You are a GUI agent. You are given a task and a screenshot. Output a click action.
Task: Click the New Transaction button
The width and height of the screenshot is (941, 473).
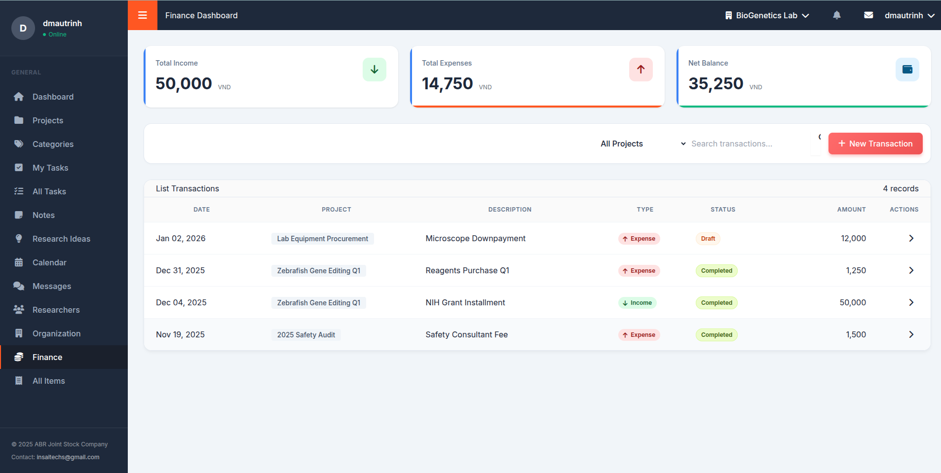(875, 144)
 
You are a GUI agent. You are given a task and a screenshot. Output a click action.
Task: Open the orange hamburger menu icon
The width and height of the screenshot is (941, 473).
(143, 15)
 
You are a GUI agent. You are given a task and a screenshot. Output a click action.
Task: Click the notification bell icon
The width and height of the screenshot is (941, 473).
(836, 15)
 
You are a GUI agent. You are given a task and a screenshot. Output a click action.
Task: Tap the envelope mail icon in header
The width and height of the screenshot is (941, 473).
(868, 15)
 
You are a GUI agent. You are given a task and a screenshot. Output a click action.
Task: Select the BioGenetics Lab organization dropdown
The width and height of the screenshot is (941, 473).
(767, 15)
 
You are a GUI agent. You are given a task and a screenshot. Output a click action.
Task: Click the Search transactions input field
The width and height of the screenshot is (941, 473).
(748, 144)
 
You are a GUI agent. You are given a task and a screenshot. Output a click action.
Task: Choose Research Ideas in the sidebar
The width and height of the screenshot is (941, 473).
(61, 239)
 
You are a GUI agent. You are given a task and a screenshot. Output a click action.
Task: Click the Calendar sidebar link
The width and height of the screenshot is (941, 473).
(49, 262)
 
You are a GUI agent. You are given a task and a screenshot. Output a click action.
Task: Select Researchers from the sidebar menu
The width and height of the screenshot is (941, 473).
(56, 310)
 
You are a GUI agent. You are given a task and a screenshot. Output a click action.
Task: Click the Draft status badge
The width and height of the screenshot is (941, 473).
(708, 239)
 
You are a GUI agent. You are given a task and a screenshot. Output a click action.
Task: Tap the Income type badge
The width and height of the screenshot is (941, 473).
(637, 303)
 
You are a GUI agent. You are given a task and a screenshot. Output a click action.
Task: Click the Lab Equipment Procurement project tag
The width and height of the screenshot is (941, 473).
(322, 239)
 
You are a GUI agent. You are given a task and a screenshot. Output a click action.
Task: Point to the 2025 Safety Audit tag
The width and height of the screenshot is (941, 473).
(306, 335)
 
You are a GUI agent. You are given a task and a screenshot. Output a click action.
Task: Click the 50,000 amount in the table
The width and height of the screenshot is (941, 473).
(852, 302)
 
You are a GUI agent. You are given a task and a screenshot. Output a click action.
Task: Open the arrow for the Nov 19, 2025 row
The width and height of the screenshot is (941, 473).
(911, 334)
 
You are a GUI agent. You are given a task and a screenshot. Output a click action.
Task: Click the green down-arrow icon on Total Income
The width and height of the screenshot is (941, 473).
(374, 70)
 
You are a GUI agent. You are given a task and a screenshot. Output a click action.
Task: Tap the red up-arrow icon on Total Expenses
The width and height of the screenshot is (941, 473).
(640, 70)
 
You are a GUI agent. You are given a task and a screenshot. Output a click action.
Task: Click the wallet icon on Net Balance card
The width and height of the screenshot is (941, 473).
(907, 70)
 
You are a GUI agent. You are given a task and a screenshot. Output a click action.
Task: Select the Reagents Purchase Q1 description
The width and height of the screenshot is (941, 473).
(467, 270)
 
